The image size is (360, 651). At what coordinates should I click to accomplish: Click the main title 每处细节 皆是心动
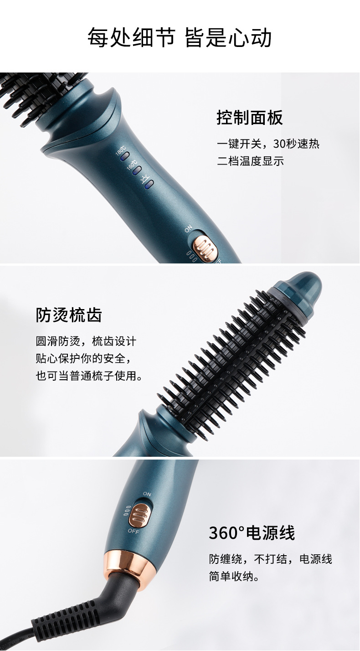(180, 38)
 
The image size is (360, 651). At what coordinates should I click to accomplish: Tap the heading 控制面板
(249, 118)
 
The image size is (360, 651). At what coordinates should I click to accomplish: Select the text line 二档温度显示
(250, 161)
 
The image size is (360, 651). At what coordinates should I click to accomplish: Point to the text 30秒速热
(296, 144)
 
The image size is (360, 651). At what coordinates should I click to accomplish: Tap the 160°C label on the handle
(132, 166)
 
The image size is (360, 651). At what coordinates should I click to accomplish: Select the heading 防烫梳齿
(69, 315)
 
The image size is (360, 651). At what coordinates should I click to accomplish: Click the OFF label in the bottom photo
(134, 531)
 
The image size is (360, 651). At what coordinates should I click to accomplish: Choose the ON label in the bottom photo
(147, 494)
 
